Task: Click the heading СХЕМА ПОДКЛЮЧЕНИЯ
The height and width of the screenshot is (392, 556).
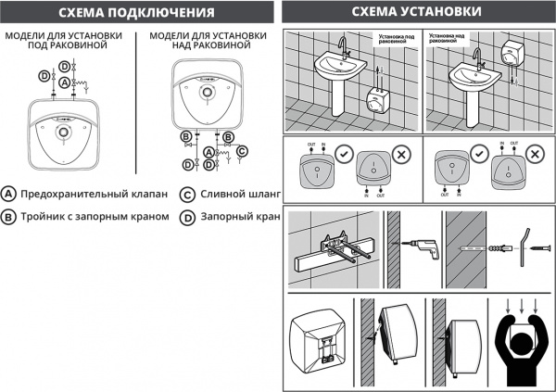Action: (x=135, y=12)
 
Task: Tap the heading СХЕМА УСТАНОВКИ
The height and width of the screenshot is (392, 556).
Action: (x=417, y=12)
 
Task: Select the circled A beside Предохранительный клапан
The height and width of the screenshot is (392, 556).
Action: (x=8, y=195)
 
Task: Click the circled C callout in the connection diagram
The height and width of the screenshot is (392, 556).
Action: (x=242, y=150)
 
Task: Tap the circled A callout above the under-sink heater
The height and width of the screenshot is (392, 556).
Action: (x=63, y=82)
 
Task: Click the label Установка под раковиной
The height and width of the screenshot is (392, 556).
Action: (x=391, y=42)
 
